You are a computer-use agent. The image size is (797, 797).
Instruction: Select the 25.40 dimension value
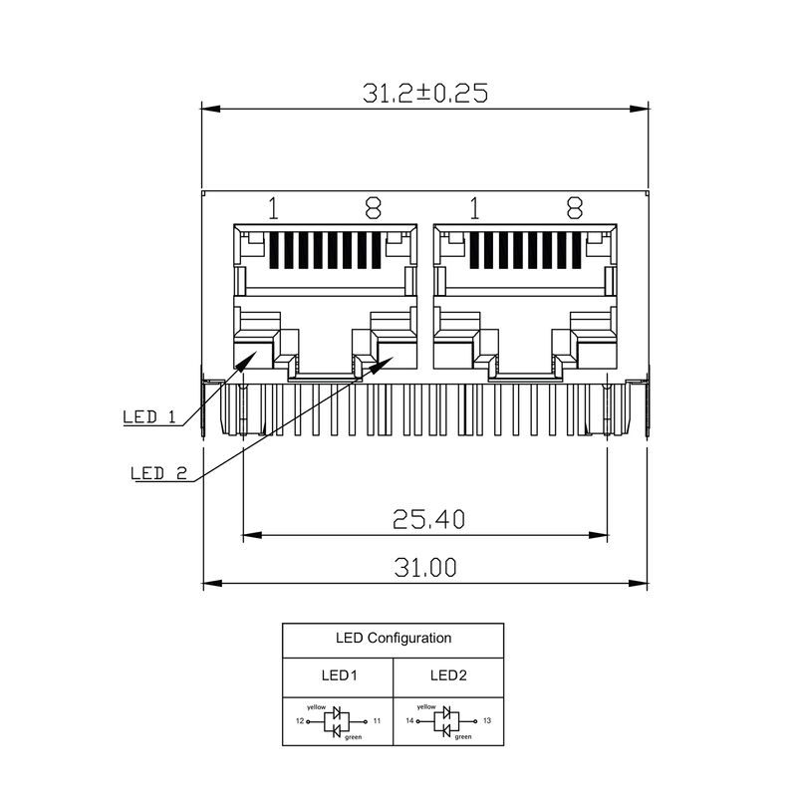click(427, 518)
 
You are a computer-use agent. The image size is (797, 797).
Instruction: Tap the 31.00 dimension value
click(425, 567)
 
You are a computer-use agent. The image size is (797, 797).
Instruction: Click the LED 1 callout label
click(148, 416)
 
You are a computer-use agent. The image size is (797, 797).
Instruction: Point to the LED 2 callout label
click(159, 473)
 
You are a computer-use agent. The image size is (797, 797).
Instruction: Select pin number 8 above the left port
click(373, 208)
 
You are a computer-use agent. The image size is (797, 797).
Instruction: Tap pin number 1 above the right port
click(474, 208)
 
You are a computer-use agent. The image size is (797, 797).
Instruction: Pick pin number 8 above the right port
click(574, 208)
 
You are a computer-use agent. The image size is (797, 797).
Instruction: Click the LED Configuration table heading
click(393, 639)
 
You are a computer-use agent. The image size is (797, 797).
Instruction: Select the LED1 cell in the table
click(339, 674)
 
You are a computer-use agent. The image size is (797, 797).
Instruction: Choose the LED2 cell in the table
click(448, 674)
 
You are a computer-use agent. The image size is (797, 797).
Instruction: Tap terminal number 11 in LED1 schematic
click(377, 720)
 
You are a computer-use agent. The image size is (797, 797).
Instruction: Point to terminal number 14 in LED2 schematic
click(409, 720)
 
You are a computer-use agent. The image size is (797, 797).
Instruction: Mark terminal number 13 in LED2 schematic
click(486, 720)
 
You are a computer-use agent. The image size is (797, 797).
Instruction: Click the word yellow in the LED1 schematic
click(316, 706)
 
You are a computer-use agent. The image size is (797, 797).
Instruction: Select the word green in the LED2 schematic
click(462, 738)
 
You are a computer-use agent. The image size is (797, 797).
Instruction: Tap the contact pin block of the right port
click(524, 251)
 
